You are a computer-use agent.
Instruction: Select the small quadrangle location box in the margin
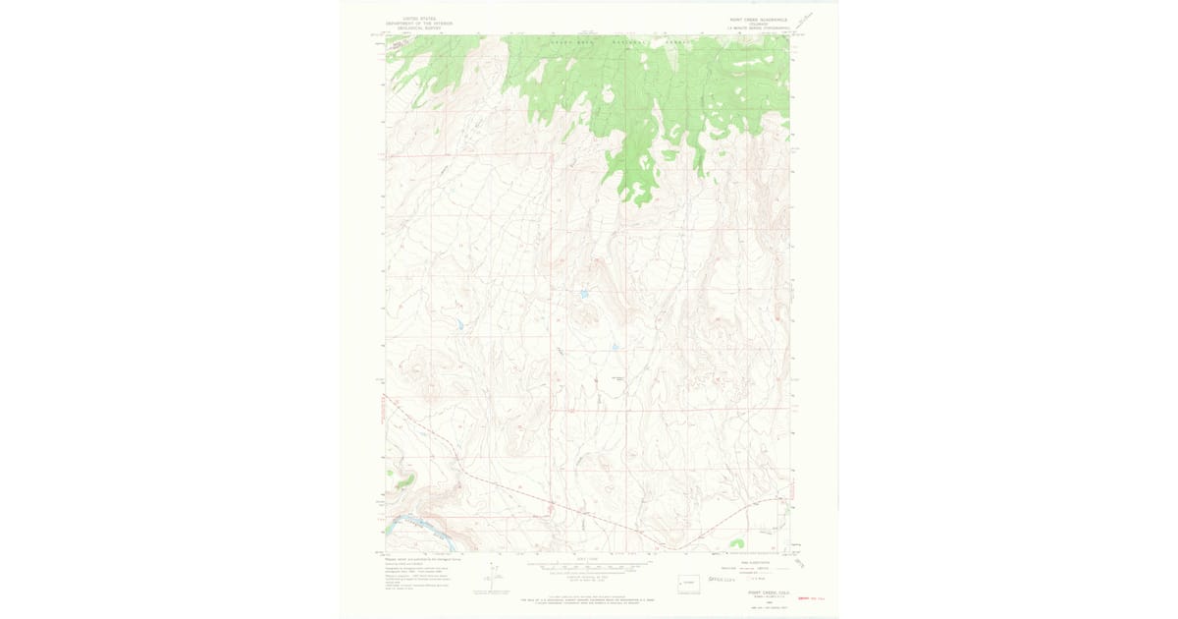coord(689,582)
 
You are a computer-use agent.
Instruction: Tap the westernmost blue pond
coord(458,323)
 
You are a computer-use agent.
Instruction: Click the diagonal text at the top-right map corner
coord(805,20)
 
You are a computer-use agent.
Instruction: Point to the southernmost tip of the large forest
coord(637,202)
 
